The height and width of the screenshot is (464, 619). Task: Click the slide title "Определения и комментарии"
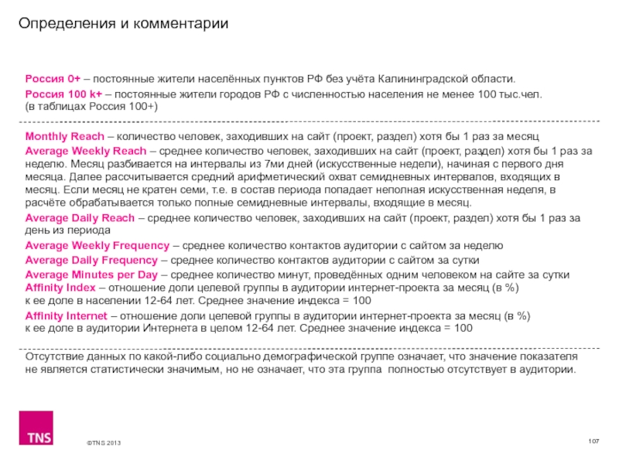click(124, 24)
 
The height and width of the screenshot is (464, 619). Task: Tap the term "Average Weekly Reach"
click(85, 150)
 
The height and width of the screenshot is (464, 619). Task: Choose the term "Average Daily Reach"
click(80, 219)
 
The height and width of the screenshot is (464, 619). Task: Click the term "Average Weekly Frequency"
click(97, 246)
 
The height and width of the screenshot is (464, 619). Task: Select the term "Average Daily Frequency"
click(93, 260)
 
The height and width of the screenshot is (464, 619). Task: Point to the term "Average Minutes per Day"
click(91, 275)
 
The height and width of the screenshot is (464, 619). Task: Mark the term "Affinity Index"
click(60, 288)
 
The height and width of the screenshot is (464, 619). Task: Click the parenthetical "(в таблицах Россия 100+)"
click(91, 106)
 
